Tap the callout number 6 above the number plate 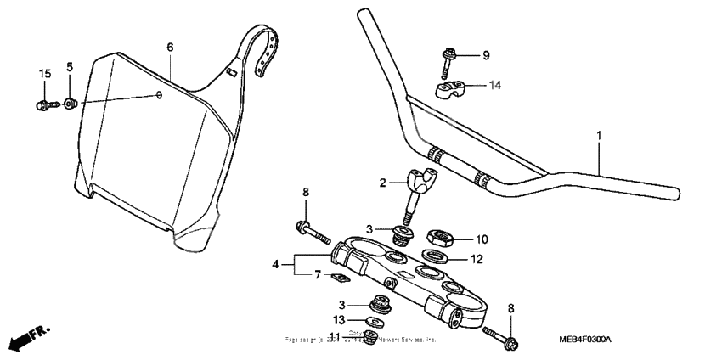pyautogui.click(x=170, y=48)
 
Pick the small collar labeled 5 pyautogui.click(x=71, y=103)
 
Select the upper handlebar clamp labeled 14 pyautogui.click(x=451, y=87)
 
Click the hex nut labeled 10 pyautogui.click(x=439, y=239)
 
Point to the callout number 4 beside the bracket pyautogui.click(x=274, y=264)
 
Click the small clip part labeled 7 pyautogui.click(x=338, y=278)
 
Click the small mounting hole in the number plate pyautogui.click(x=160, y=94)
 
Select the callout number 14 pyautogui.click(x=494, y=85)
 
